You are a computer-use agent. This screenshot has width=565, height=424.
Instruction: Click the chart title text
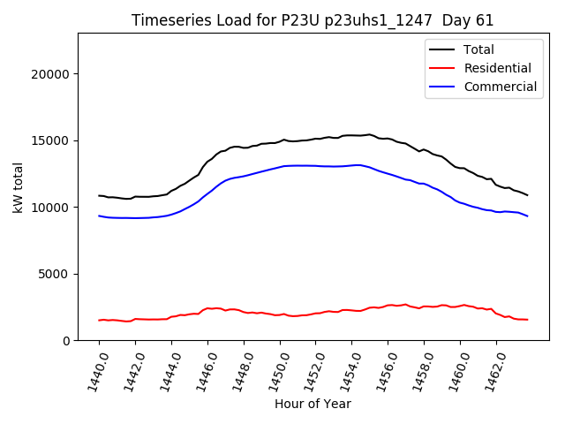tap(313, 20)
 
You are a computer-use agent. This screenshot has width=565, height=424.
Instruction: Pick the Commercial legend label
tap(500, 87)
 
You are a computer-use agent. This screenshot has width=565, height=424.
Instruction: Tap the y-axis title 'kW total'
tap(18, 186)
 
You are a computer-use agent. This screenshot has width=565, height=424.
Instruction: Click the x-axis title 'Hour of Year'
tap(313, 404)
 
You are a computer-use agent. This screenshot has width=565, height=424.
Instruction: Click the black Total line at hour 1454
tap(351, 135)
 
